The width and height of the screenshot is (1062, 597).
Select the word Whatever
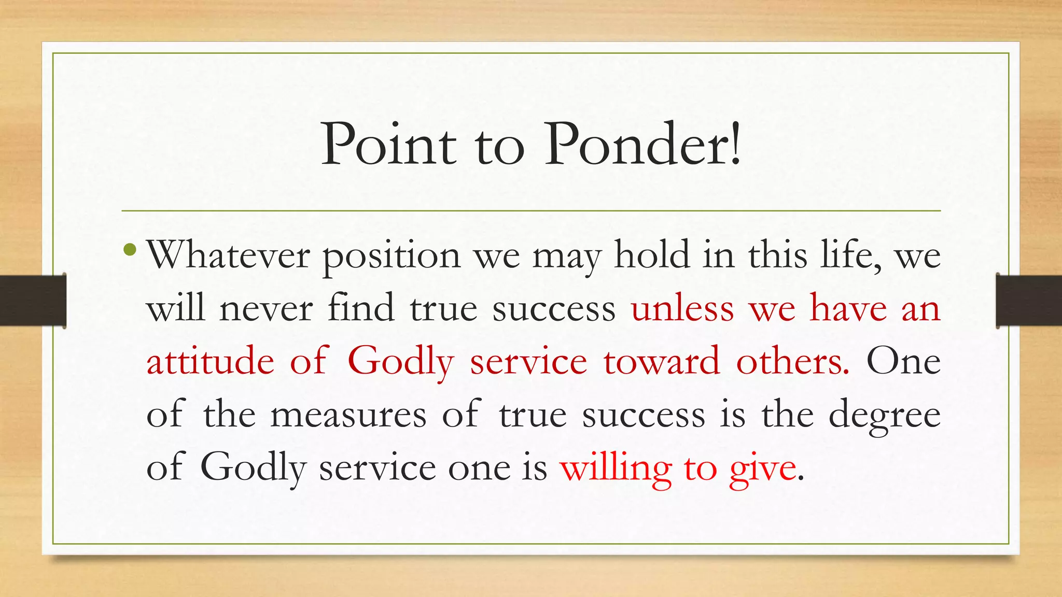pyautogui.click(x=228, y=255)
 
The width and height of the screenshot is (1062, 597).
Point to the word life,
pyautogui.click(x=850, y=255)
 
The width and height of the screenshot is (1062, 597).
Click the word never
pyautogui.click(x=266, y=309)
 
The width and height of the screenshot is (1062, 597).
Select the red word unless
pyautogui.click(x=682, y=309)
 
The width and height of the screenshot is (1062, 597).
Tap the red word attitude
pyautogui.click(x=210, y=362)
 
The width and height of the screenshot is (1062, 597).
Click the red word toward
pyautogui.click(x=662, y=362)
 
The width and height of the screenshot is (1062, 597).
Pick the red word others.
pyautogui.click(x=792, y=362)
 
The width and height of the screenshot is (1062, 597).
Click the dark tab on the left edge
pyautogui.click(x=33, y=301)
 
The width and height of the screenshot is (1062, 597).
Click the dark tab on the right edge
pyautogui.click(x=1029, y=301)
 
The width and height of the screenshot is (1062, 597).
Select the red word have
pyautogui.click(x=848, y=309)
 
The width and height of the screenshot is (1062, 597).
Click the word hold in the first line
pyautogui.click(x=652, y=255)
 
